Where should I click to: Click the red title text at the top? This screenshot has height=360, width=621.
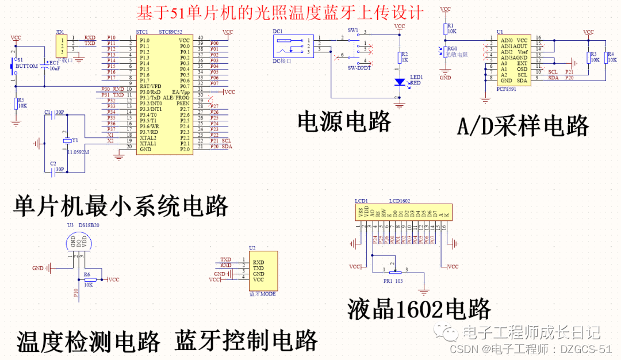(280, 12)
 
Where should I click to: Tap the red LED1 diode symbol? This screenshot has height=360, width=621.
(400, 82)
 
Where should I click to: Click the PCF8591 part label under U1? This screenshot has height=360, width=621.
(506, 89)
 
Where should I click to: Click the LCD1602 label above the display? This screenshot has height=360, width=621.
(399, 202)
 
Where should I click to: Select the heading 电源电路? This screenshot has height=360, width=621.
(344, 122)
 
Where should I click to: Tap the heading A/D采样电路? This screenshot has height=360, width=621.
(523, 125)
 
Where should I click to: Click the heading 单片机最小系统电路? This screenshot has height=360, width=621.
(121, 205)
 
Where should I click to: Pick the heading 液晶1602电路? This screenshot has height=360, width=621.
(419, 309)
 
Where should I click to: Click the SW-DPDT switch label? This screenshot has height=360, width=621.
(359, 67)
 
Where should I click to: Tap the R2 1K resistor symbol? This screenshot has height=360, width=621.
(400, 58)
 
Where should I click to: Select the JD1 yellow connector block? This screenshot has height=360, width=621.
(60, 44)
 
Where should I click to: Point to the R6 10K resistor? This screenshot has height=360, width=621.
(89, 279)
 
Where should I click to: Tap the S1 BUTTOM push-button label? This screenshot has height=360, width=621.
(26, 66)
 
